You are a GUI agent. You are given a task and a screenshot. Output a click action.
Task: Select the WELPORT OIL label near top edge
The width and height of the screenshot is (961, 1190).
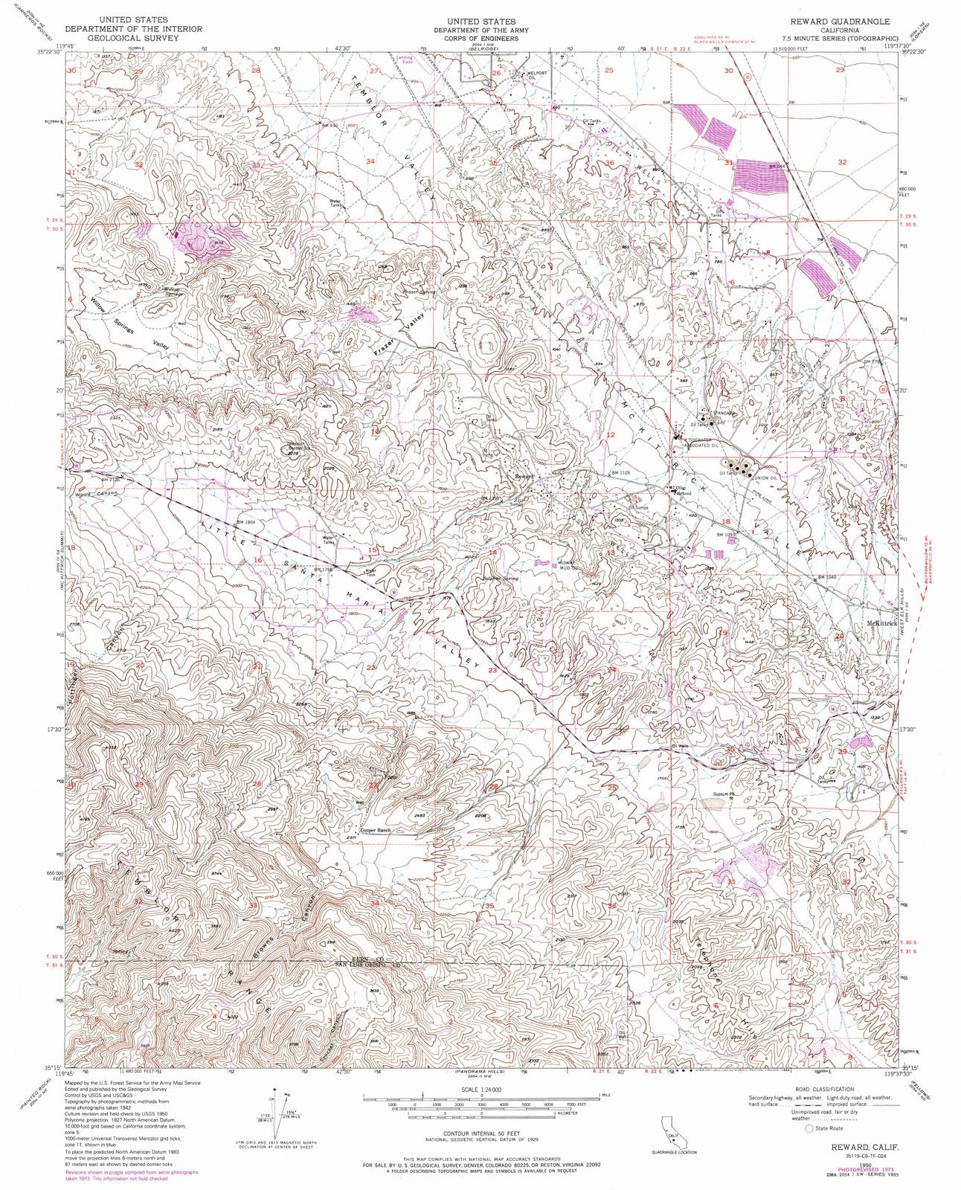pos(537,74)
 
